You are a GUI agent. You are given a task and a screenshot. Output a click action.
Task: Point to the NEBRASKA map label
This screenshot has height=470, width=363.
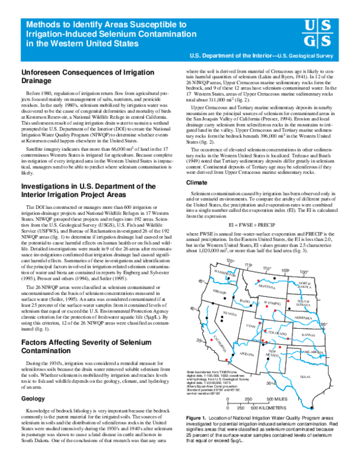pos(304,317)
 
